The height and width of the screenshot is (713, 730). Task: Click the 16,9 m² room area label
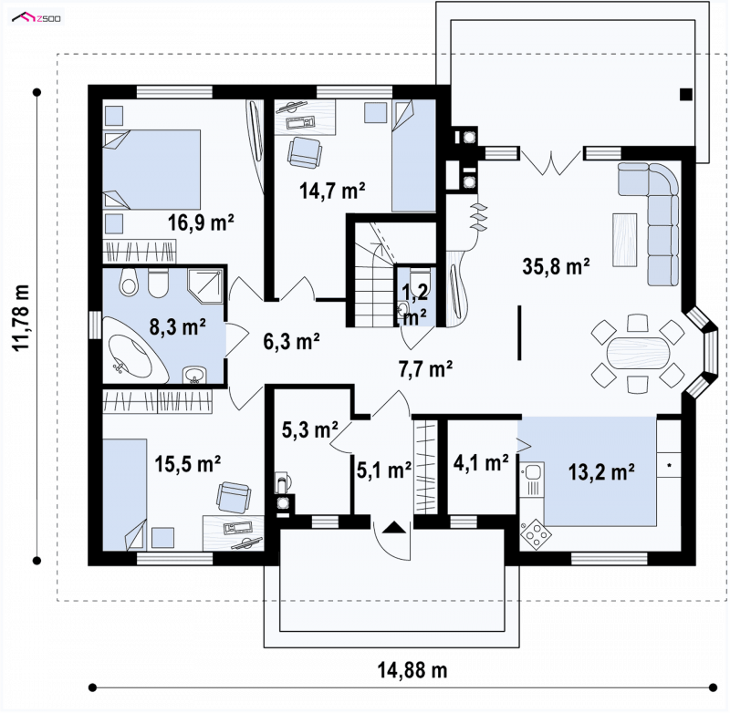(201, 222)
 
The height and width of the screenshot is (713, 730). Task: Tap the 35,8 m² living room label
(556, 267)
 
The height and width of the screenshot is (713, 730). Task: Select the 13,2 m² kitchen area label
(601, 472)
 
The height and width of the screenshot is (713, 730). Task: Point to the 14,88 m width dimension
(412, 670)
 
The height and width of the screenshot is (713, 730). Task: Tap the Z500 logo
(36, 18)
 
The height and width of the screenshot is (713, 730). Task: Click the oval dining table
(638, 353)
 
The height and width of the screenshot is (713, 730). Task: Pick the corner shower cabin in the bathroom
(204, 285)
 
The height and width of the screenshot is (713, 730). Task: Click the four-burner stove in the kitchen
(536, 534)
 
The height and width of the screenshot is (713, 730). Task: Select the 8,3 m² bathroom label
(177, 327)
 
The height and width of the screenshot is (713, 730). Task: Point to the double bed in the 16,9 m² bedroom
(151, 170)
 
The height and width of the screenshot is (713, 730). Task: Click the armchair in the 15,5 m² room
(234, 497)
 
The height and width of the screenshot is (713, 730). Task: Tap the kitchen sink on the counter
(532, 473)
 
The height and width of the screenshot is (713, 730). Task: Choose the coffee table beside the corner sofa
(625, 239)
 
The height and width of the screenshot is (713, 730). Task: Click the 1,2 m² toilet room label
(414, 305)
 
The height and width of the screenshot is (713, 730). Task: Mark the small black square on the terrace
(686, 95)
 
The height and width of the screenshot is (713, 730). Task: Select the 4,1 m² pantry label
(481, 463)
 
